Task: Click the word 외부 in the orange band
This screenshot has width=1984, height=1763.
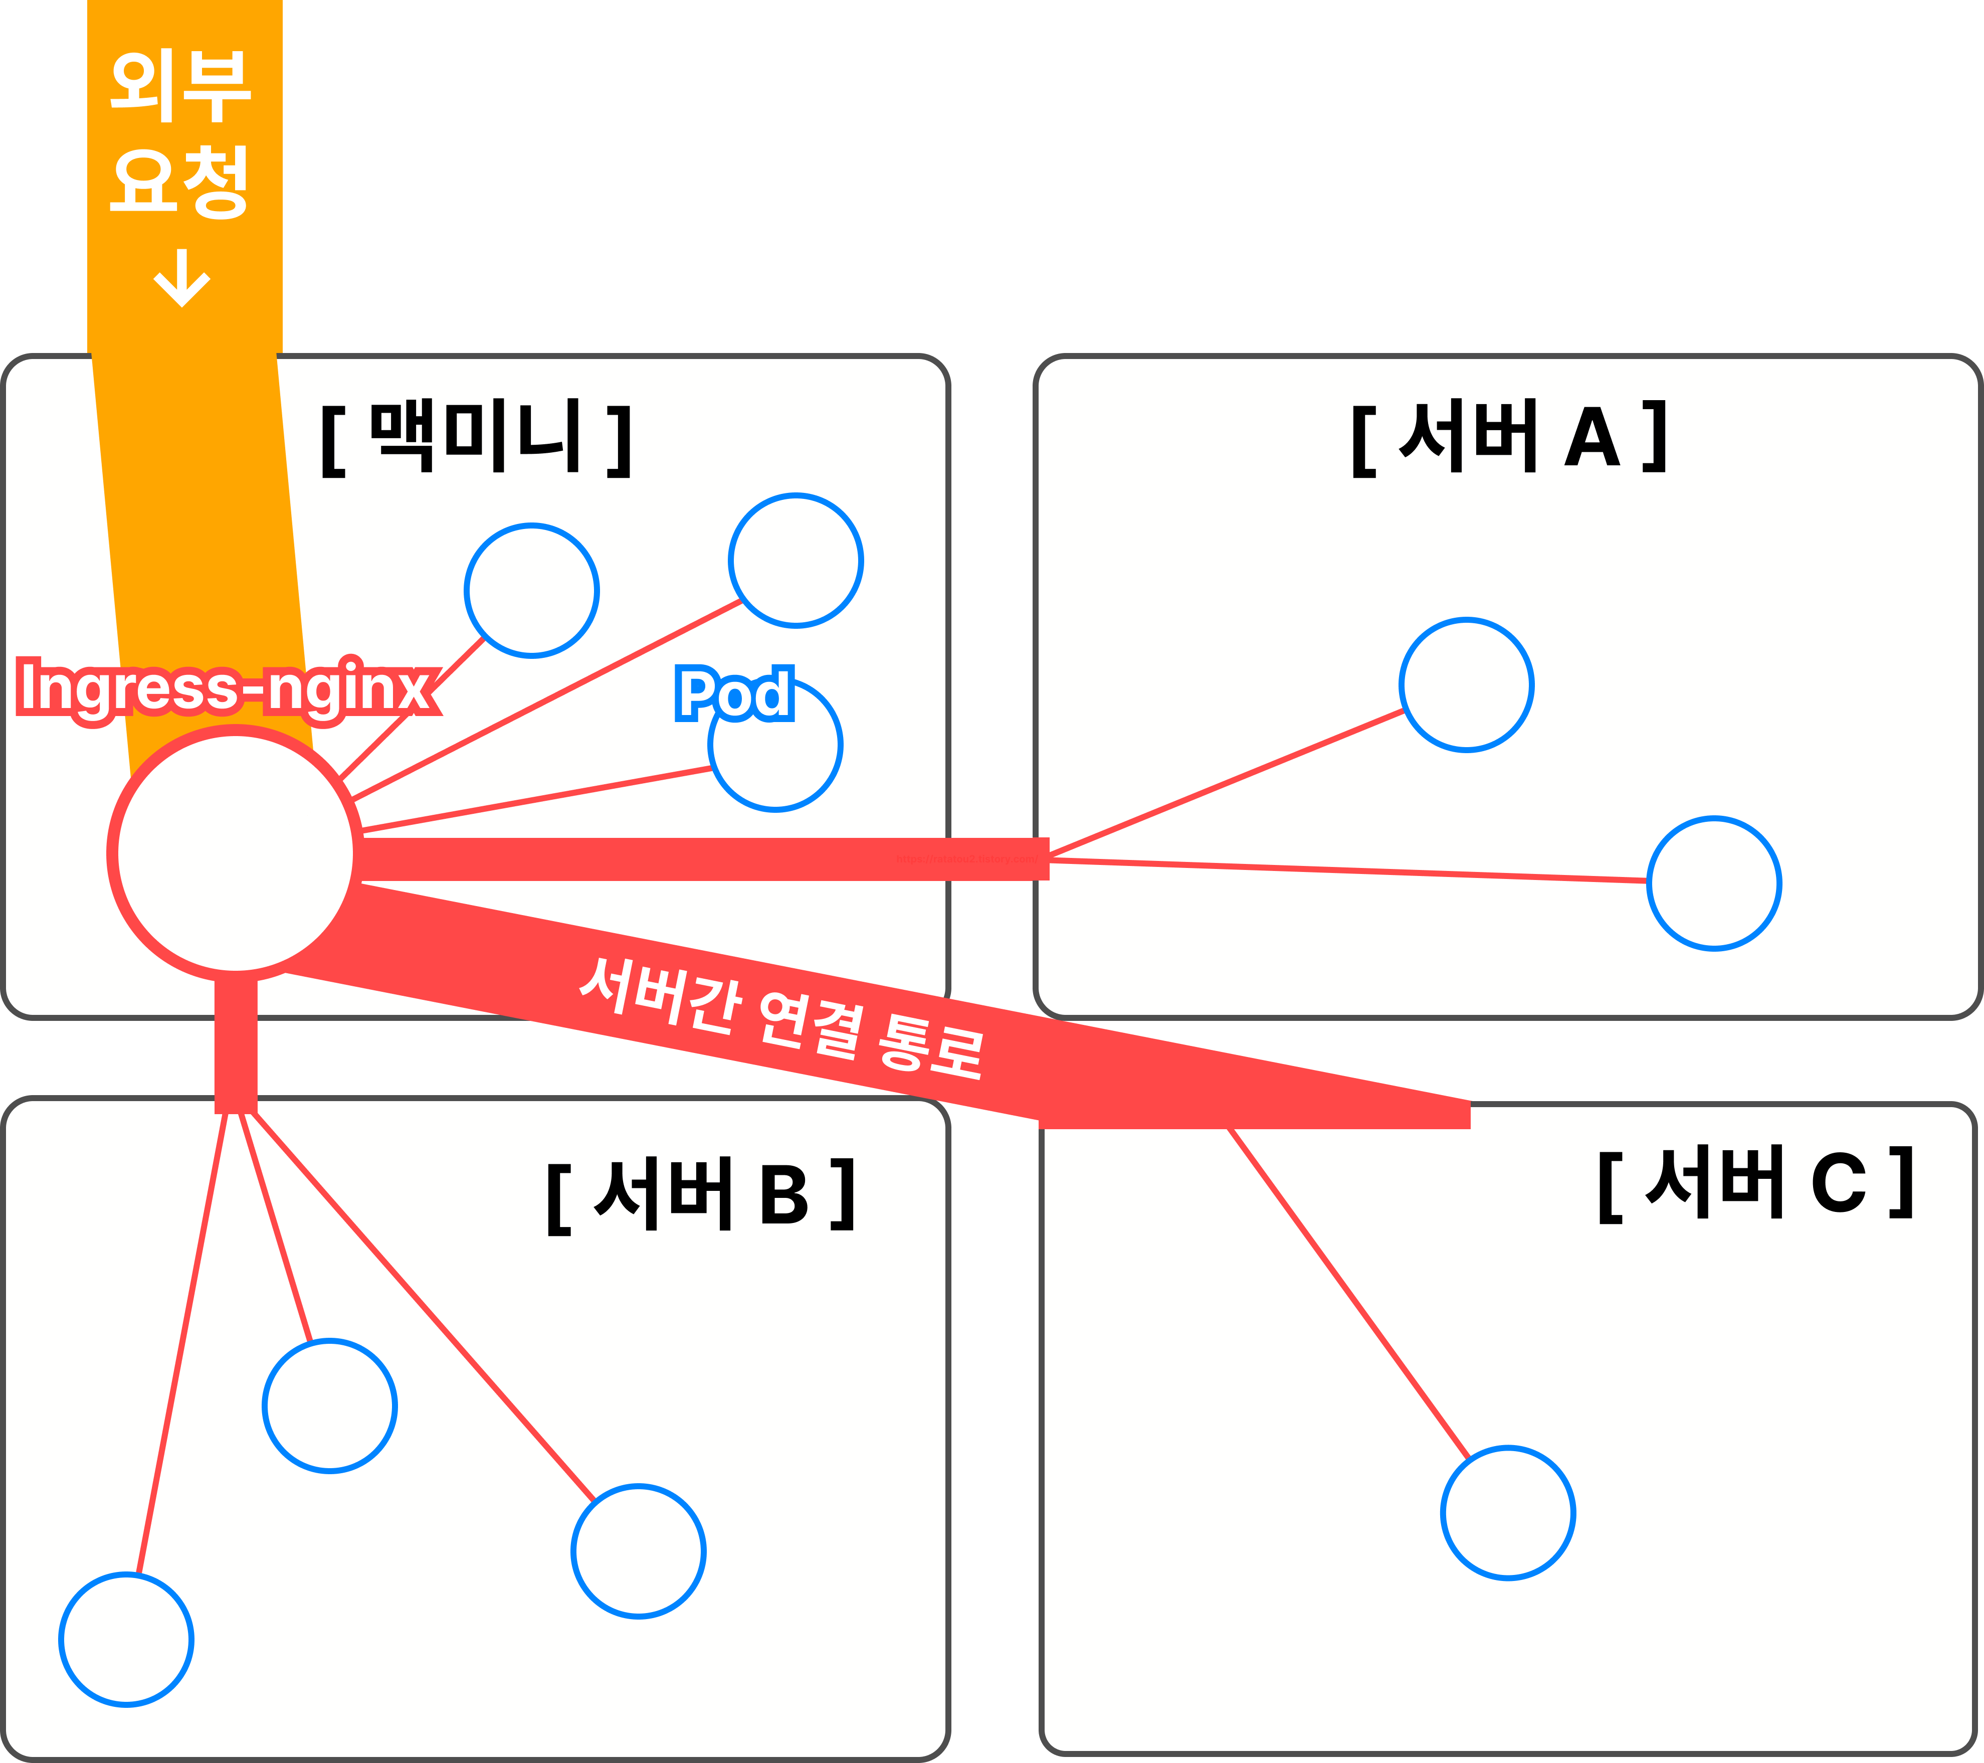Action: [x=180, y=87]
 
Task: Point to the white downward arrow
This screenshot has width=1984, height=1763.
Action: [x=181, y=279]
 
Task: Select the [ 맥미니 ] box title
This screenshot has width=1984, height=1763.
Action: [x=476, y=437]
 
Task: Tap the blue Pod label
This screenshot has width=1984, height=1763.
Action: [x=735, y=693]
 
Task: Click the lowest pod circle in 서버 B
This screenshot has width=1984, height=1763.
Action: [x=126, y=1640]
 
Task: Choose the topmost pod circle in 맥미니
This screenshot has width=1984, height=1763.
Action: [x=796, y=560]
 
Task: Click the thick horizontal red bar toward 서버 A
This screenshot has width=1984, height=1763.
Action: [x=699, y=859]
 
